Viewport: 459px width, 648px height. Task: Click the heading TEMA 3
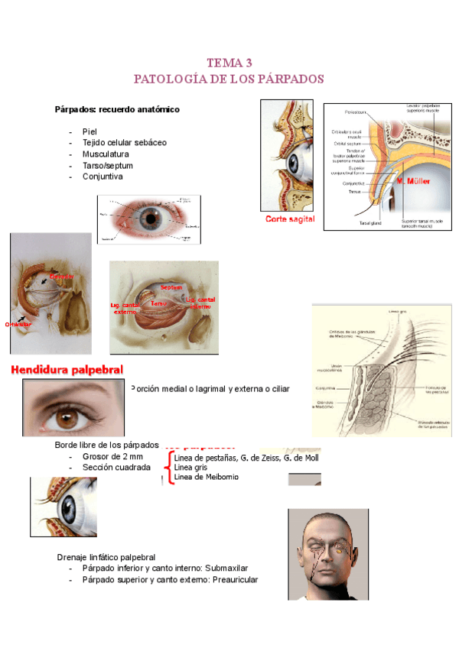229,63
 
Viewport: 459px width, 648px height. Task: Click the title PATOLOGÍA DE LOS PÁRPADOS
229,79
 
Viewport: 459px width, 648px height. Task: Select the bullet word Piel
90,131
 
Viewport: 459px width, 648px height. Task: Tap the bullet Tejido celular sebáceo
124,142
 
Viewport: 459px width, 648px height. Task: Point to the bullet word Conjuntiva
103,177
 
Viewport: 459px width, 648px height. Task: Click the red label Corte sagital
290,219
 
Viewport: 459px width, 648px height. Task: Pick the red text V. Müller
412,182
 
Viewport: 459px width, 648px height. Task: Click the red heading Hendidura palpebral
68,371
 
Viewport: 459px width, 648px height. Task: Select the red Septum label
171,287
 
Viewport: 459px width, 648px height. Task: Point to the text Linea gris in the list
190,467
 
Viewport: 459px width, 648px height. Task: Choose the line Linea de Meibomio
206,477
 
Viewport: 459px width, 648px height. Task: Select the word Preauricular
230,580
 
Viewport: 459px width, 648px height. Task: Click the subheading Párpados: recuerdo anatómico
117,109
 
